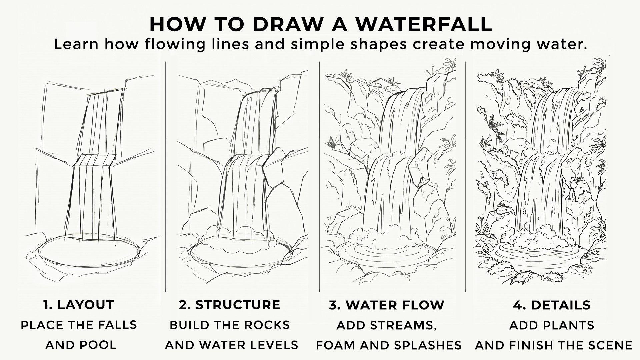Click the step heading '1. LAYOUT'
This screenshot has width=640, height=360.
[x=79, y=305]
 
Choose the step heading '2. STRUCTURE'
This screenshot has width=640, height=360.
[x=230, y=305]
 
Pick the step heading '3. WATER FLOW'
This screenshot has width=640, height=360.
[x=387, y=305]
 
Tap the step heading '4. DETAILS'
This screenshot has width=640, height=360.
[x=552, y=305]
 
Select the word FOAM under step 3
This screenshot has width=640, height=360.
[x=337, y=345]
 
